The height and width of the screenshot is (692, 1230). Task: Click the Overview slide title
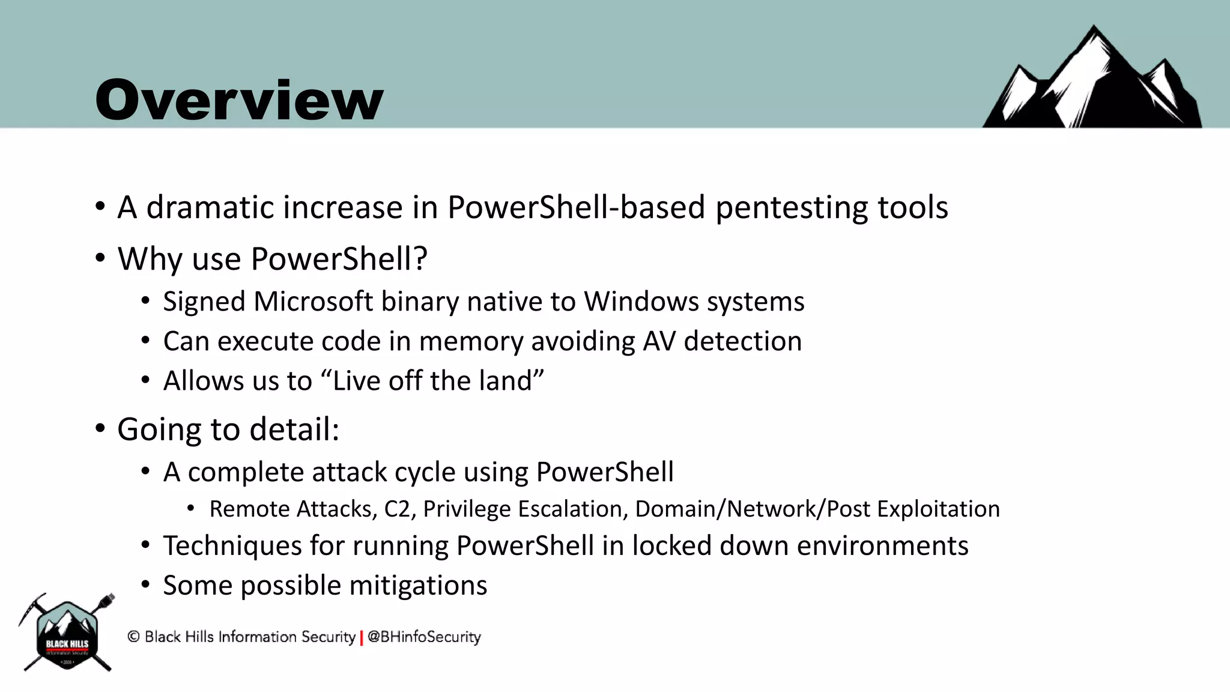click(239, 100)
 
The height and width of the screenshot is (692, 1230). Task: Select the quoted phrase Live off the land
click(432, 381)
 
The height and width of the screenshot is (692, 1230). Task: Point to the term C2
click(397, 509)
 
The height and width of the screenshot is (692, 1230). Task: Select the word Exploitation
click(938, 509)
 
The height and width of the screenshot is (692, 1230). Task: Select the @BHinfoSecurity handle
click(424, 637)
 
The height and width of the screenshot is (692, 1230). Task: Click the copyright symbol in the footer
click(133, 637)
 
